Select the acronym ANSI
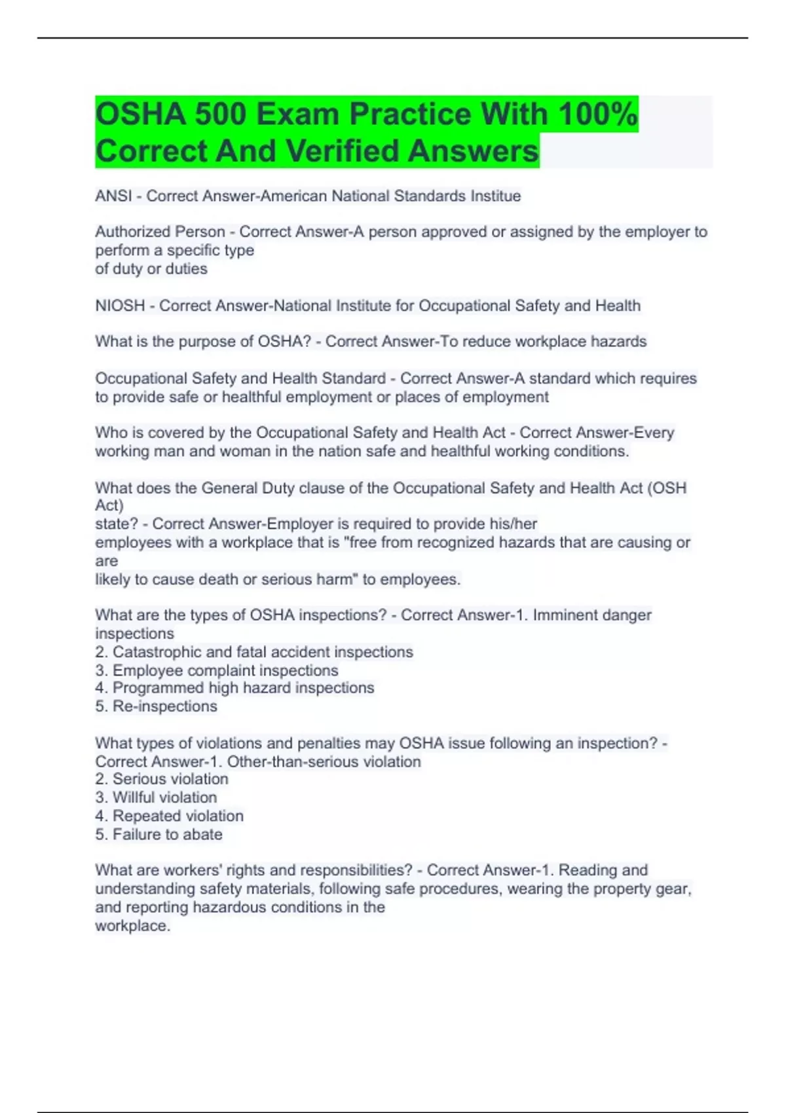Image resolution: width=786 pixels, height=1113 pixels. click(113, 196)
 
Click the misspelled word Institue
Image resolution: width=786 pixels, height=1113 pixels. click(496, 196)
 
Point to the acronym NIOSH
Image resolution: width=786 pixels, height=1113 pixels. click(120, 306)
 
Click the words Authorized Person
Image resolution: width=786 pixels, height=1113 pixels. click(160, 232)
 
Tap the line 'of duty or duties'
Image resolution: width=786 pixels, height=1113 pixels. click(151, 268)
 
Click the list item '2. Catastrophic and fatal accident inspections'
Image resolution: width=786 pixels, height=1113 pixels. click(254, 652)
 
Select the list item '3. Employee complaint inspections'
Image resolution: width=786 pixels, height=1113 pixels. click(217, 670)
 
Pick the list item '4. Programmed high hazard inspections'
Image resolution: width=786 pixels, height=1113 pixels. click(234, 688)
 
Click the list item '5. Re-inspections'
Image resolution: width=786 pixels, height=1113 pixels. click(156, 706)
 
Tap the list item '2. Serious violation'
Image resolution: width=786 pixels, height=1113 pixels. click(162, 779)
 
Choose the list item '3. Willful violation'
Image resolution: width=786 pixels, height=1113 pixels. click(156, 797)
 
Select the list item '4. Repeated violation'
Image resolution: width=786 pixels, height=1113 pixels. click(169, 816)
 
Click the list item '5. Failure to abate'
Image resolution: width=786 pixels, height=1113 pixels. click(159, 834)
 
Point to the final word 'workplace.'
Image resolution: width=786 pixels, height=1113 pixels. click(132, 926)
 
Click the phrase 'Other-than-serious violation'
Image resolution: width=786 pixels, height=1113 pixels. click(324, 761)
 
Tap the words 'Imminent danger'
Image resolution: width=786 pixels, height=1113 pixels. click(592, 615)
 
